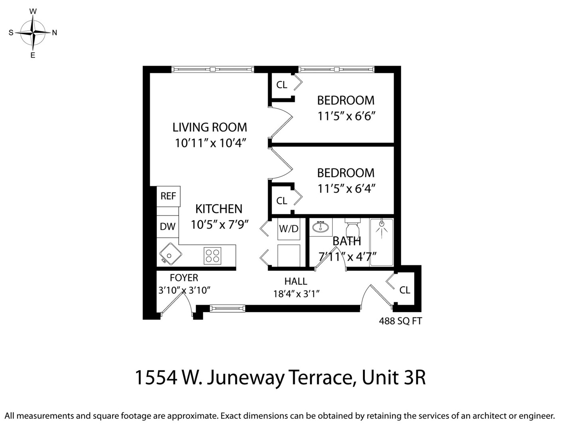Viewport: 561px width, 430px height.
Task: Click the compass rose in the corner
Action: pos(33,33)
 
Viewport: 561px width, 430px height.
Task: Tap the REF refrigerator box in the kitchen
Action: pos(168,196)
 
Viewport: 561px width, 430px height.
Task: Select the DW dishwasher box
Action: pos(168,227)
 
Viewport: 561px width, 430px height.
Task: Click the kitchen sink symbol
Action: pos(170,254)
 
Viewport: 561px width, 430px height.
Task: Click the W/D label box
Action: pos(289,229)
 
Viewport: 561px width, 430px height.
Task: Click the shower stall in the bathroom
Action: pos(382,242)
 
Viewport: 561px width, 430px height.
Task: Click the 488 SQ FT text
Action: pos(400,321)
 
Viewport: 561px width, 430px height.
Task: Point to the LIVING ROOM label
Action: pos(210,127)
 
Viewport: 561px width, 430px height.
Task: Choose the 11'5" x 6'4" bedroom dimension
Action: pos(346,188)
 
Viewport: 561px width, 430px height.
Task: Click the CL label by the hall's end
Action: pos(405,290)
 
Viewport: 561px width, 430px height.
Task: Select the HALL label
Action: pos(296,281)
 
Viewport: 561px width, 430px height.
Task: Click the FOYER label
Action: pos(184,278)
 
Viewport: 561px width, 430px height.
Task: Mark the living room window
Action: pos(213,69)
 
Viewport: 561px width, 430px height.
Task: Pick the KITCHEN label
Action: pos(219,209)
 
